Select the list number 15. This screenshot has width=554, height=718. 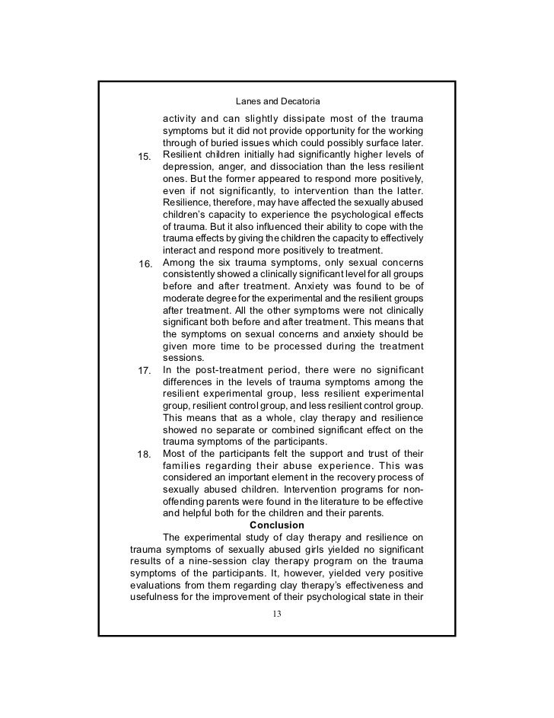point(145,157)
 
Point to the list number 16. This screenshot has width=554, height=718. point(145,263)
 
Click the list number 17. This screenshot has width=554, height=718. point(145,370)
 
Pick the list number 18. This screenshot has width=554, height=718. point(145,455)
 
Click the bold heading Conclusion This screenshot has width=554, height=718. point(277,525)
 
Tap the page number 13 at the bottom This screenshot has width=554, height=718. point(276,614)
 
